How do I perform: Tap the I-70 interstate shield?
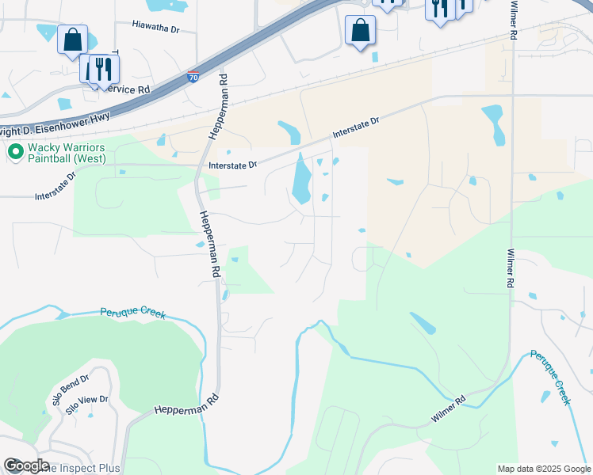(x=193, y=77)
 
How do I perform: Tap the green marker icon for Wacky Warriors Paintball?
(x=14, y=152)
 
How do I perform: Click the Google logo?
(x=25, y=465)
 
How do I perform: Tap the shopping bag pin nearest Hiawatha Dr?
(x=72, y=40)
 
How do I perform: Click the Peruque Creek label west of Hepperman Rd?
(x=132, y=313)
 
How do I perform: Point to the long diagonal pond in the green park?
(x=422, y=322)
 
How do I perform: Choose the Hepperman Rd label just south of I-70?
(x=218, y=107)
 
